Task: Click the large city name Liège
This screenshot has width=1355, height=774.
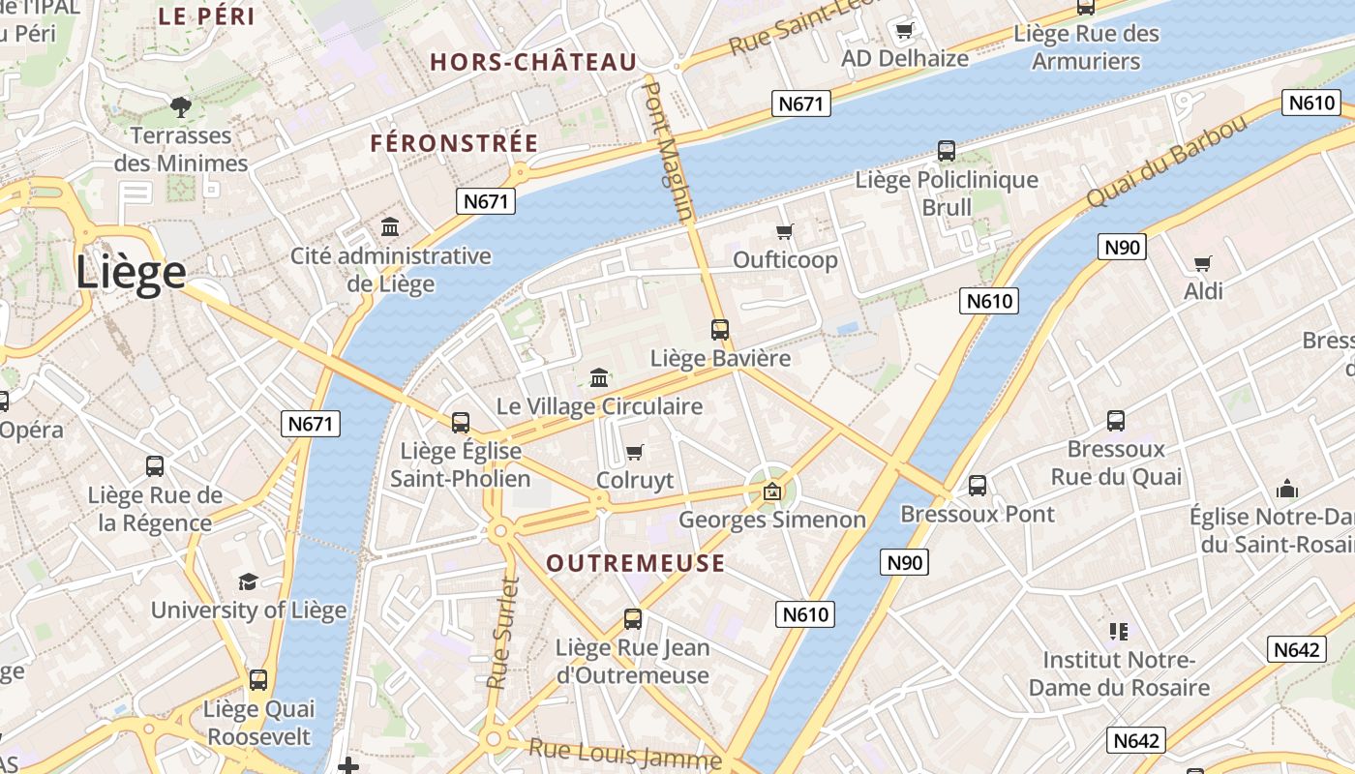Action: [x=131, y=273]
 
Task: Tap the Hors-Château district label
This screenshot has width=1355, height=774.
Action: [x=533, y=63]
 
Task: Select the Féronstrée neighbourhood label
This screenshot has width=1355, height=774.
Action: [x=454, y=143]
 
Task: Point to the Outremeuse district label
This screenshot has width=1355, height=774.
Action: [x=635, y=563]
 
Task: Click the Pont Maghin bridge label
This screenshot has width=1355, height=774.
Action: [x=669, y=150]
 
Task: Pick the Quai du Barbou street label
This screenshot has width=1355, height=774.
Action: [x=1166, y=162]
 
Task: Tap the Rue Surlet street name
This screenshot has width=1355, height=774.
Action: [x=502, y=633]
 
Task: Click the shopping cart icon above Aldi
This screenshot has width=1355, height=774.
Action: [x=1203, y=263]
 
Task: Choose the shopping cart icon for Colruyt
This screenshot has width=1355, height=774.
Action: [x=635, y=452]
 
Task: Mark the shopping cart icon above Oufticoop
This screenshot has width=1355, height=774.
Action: [x=785, y=231]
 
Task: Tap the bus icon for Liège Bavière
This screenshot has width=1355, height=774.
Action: [x=720, y=330]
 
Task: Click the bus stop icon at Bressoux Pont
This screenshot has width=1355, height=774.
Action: [x=978, y=486]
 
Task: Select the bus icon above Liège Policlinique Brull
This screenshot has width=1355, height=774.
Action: [x=947, y=151]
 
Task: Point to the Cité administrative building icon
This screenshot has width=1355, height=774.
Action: [x=390, y=227]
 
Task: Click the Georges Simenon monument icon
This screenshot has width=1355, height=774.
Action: [x=772, y=491]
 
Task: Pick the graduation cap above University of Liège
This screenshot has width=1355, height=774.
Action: [x=249, y=581]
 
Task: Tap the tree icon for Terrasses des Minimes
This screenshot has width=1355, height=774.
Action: [x=180, y=106]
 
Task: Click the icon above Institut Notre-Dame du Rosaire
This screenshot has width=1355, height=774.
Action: [x=1119, y=632]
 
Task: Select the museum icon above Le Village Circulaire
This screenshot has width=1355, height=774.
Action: [x=599, y=377]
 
